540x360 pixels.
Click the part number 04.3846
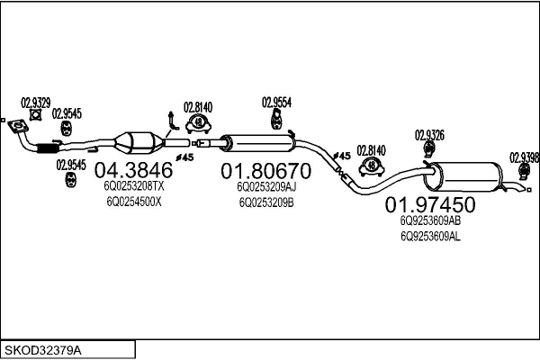tap(133, 170)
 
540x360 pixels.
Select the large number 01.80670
tap(265, 171)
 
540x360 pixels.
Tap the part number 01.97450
tap(430, 204)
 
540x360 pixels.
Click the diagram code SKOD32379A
tap(43, 351)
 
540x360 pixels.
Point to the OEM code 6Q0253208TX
tap(133, 186)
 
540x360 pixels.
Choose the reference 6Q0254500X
tap(133, 202)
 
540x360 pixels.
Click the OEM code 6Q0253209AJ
tap(266, 187)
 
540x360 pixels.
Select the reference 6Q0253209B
tap(266, 202)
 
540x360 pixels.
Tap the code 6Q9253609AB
tap(430, 220)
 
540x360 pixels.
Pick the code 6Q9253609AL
tap(430, 237)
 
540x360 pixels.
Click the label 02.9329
tap(36, 103)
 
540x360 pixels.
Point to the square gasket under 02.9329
tap(35, 114)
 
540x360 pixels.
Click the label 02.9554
tap(276, 103)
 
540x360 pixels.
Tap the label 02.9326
tap(429, 135)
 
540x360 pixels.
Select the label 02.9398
tap(525, 157)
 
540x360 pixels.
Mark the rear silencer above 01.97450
tap(463, 176)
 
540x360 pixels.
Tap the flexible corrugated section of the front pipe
tap(48, 148)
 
